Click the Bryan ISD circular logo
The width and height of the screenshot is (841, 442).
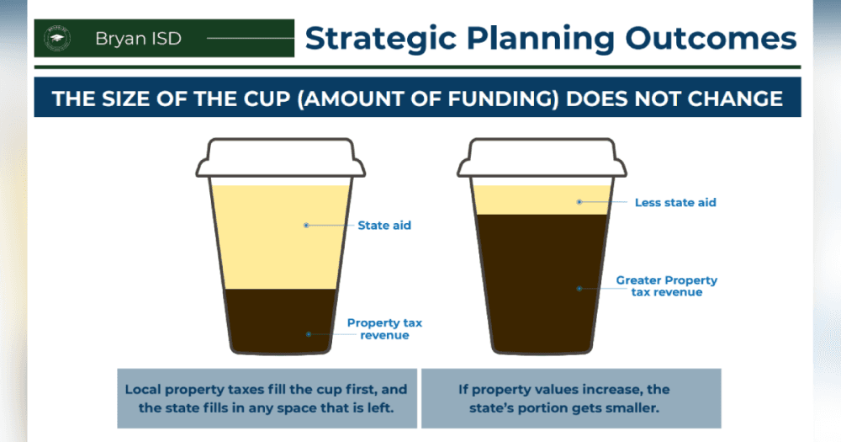(x=57, y=38)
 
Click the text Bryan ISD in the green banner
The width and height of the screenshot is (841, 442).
(x=139, y=39)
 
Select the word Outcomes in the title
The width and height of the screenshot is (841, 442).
(x=711, y=39)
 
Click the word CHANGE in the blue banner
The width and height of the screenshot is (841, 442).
(x=735, y=99)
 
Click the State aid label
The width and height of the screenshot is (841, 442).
(x=384, y=226)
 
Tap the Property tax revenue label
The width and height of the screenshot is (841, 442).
(x=384, y=328)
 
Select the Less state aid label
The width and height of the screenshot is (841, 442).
(x=675, y=202)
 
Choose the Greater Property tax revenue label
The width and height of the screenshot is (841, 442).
(x=667, y=285)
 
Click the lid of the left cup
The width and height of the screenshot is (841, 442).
(x=281, y=158)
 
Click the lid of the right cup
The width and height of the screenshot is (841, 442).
(x=542, y=158)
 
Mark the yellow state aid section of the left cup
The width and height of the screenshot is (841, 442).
(x=281, y=237)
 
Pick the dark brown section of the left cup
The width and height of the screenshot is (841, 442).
(x=281, y=321)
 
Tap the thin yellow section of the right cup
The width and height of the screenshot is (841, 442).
(x=542, y=200)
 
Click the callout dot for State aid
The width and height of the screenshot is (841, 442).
(x=306, y=226)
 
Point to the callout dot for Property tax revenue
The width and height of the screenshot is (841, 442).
(x=309, y=334)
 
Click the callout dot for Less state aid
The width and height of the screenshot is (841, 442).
(x=579, y=202)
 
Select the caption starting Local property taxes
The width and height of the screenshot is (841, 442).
(x=267, y=398)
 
